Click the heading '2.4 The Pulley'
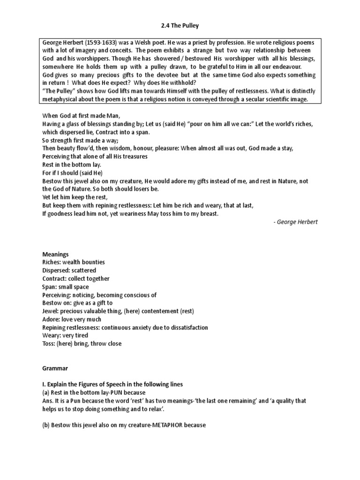coord(180,26)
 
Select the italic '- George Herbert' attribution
coord(295,222)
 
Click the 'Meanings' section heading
coord(56,254)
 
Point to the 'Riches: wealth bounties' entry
coord(74,262)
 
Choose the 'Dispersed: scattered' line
coord(69,270)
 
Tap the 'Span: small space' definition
coord(65,286)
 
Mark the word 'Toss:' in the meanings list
coord(49,344)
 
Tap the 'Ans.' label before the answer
coord(48,400)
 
